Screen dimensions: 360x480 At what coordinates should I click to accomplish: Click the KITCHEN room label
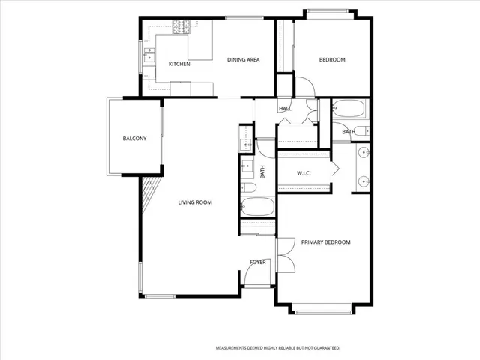(179, 64)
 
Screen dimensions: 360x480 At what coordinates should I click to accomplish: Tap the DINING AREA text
(244, 59)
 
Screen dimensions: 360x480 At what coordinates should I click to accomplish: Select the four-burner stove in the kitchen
(181, 29)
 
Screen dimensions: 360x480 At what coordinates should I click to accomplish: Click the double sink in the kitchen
(149, 55)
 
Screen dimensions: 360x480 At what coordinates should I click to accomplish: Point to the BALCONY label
(134, 139)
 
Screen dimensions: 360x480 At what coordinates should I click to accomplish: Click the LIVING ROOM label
(195, 202)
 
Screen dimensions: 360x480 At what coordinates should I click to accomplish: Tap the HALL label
(285, 109)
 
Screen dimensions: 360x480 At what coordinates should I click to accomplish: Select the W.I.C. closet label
(304, 174)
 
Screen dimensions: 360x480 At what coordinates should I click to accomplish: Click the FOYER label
(258, 262)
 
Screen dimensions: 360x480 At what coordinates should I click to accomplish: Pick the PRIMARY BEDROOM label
(326, 242)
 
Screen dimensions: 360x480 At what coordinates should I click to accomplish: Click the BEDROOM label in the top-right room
(332, 59)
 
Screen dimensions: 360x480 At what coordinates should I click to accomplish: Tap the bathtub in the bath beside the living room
(258, 207)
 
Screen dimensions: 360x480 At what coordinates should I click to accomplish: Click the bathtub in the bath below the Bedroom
(349, 109)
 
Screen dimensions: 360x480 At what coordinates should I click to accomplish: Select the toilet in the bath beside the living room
(247, 187)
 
